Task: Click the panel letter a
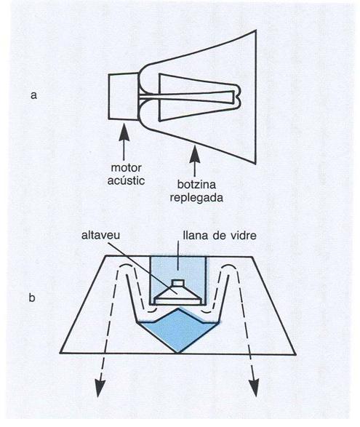33,95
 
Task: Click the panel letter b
32,298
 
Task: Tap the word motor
126,167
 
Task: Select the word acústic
126,180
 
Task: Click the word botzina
196,184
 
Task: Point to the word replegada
196,197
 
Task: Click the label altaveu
101,235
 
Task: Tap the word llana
194,235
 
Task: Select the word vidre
243,235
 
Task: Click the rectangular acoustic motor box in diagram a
124,97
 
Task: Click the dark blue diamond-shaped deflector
178,330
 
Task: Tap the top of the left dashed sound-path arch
126,264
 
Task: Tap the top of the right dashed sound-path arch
230,264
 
